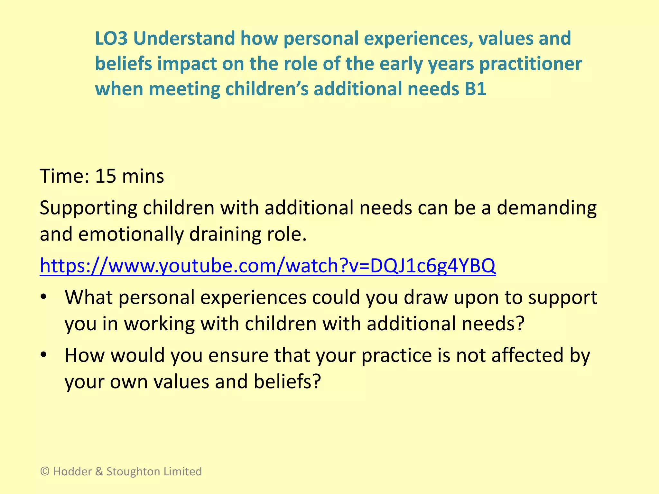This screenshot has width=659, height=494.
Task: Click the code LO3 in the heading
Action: pyautogui.click(x=111, y=39)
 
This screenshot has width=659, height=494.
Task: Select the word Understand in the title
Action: pyautogui.click(x=184, y=39)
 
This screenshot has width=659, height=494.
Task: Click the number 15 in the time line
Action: pyautogui.click(x=105, y=176)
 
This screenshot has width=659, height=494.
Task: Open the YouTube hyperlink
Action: pyautogui.click(x=267, y=266)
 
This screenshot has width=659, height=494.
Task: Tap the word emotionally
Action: pyautogui.click(x=131, y=234)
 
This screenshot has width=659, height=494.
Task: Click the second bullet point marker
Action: pyautogui.click(x=44, y=355)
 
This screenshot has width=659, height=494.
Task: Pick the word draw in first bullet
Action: pyautogui.click(x=426, y=297)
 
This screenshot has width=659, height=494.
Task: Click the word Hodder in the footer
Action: pyautogui.click(x=72, y=471)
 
